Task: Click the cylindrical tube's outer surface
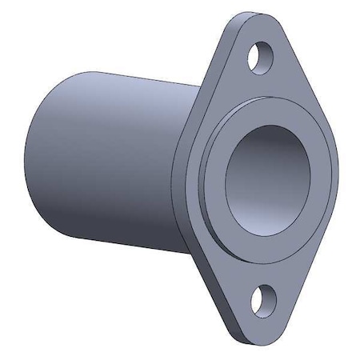click(x=112, y=160)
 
